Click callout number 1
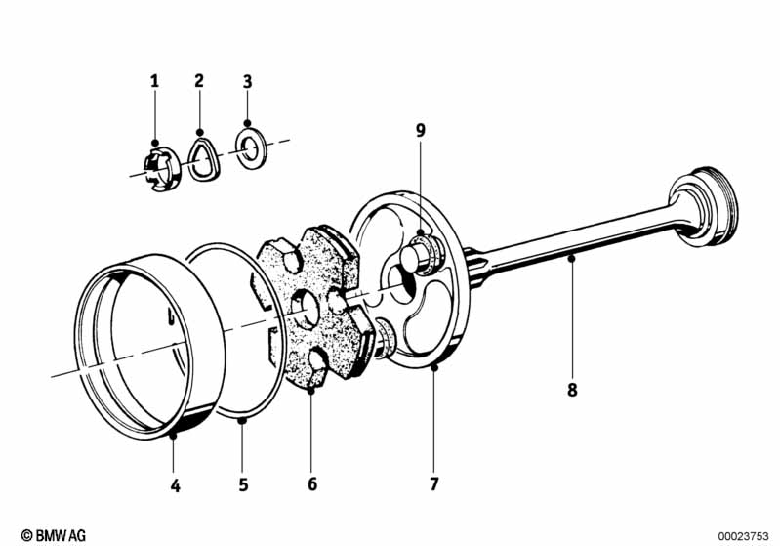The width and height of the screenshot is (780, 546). (x=154, y=81)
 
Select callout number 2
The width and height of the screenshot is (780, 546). (x=199, y=81)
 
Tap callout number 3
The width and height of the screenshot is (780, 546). (x=247, y=82)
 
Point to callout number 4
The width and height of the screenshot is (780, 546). (x=175, y=485)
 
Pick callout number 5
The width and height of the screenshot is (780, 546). (x=243, y=484)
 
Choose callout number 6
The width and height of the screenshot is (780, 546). (x=311, y=483)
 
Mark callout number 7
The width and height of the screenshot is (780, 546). (x=434, y=483)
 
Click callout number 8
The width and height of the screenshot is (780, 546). (x=572, y=390)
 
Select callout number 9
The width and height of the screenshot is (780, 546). (x=421, y=131)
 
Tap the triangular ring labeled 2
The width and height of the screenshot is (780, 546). (x=203, y=158)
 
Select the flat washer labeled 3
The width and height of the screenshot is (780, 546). (x=251, y=147)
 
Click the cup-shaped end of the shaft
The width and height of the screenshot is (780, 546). (x=704, y=206)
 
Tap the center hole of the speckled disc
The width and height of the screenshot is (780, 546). (x=305, y=309)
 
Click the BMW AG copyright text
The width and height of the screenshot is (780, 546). (x=54, y=535)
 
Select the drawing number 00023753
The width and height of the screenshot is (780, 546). (x=743, y=536)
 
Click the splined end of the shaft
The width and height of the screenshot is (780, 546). (x=476, y=269)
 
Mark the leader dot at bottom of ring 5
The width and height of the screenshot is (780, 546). (x=242, y=421)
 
